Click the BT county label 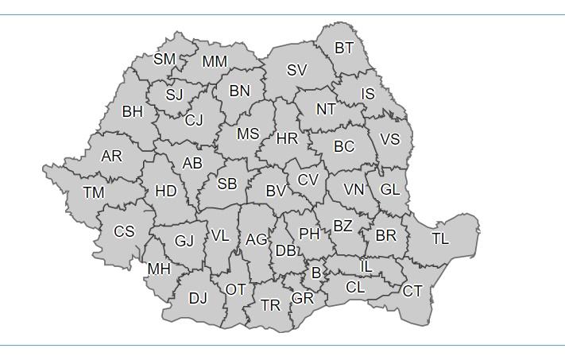click(344, 48)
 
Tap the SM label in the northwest click(164, 60)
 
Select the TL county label click(440, 238)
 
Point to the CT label click(412, 292)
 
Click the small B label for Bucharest click(316, 273)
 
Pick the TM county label click(93, 192)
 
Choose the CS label click(124, 232)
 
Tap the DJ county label click(198, 299)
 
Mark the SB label click(227, 184)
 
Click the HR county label click(287, 139)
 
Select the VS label click(390, 139)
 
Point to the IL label click(366, 267)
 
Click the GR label click(302, 299)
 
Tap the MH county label click(159, 269)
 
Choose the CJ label click(194, 121)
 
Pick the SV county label click(296, 70)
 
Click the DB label click(285, 251)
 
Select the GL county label click(390, 190)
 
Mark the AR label click(112, 157)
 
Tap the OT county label click(236, 289)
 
